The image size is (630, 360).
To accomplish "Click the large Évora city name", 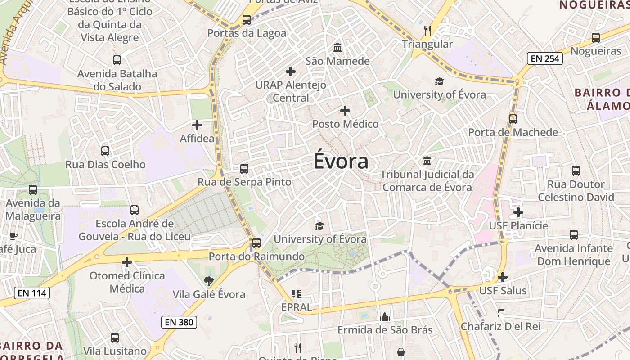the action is pos(341,162).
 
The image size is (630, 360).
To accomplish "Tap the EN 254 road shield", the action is pos(545,58).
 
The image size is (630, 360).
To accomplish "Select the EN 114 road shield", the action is pos(31,293).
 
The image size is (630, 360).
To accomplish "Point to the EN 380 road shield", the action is pos(179,322).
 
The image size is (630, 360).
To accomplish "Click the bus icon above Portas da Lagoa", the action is pos(246,20).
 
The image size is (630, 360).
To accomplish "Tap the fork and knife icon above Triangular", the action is pos(427,31).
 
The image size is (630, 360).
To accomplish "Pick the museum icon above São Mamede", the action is pos(337,48).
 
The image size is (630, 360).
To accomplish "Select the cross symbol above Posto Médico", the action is pos(345,111).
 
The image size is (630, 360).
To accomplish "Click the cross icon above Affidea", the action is pos(197,125).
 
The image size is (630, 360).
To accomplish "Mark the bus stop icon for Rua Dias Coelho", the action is pos(105,151).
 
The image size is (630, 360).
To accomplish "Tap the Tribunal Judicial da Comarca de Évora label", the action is pos(427,180).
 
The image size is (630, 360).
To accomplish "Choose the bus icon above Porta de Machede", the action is pos(513,119).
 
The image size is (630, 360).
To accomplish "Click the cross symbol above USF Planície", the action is pos(518,212).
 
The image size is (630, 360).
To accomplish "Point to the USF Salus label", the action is pos(503,291).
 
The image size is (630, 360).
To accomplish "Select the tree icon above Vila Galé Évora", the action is pos(208,282).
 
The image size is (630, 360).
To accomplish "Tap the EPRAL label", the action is pos(296,307).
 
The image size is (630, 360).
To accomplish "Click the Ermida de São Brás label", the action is pos(385,330).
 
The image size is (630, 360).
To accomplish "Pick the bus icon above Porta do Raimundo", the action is pos(256,243).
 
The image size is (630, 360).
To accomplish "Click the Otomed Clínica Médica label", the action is pos(127,282).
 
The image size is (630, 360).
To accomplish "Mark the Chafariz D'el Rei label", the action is pos(500,326).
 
